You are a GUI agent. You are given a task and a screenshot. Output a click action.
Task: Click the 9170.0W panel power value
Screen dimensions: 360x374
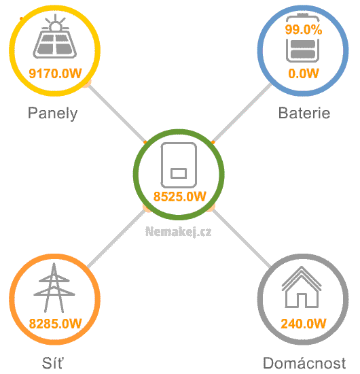point(55,73)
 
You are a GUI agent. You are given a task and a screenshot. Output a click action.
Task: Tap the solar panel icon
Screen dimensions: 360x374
point(55,36)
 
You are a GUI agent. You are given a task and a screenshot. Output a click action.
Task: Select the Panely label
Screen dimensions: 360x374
point(53,114)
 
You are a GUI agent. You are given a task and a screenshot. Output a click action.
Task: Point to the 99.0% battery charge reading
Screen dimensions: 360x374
point(304,30)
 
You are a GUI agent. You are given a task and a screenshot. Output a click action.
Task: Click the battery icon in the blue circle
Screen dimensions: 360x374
point(302,38)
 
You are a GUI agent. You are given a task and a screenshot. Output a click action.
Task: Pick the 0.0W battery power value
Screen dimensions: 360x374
point(304,73)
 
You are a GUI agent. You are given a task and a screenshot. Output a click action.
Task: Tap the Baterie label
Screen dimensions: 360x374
point(304,113)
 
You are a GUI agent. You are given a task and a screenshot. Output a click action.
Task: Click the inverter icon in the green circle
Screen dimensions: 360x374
point(179,165)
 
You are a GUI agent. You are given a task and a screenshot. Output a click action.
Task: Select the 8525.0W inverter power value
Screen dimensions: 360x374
point(179,197)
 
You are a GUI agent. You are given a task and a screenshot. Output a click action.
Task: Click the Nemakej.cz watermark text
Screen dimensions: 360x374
point(178,232)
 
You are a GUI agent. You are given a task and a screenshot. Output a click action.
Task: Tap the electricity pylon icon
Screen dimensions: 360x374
point(54,288)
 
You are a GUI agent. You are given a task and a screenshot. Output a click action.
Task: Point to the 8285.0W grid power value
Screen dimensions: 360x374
point(55,324)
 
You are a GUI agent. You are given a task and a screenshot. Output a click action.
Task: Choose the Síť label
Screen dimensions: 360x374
point(53,363)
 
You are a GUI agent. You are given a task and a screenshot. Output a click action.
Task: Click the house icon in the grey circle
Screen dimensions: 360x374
point(302,287)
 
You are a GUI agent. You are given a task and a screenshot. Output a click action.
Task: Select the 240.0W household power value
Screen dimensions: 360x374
point(304,324)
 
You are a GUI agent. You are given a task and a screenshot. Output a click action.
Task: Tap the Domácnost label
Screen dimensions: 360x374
point(304,363)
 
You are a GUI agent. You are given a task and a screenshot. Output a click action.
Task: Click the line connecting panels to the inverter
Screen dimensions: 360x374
point(117,113)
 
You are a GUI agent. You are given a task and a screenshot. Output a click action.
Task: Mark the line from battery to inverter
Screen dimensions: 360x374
point(242,113)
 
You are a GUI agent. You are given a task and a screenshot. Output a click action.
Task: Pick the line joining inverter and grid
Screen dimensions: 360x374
point(117,238)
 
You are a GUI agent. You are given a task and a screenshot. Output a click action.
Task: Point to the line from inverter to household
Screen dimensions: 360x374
point(242,238)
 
